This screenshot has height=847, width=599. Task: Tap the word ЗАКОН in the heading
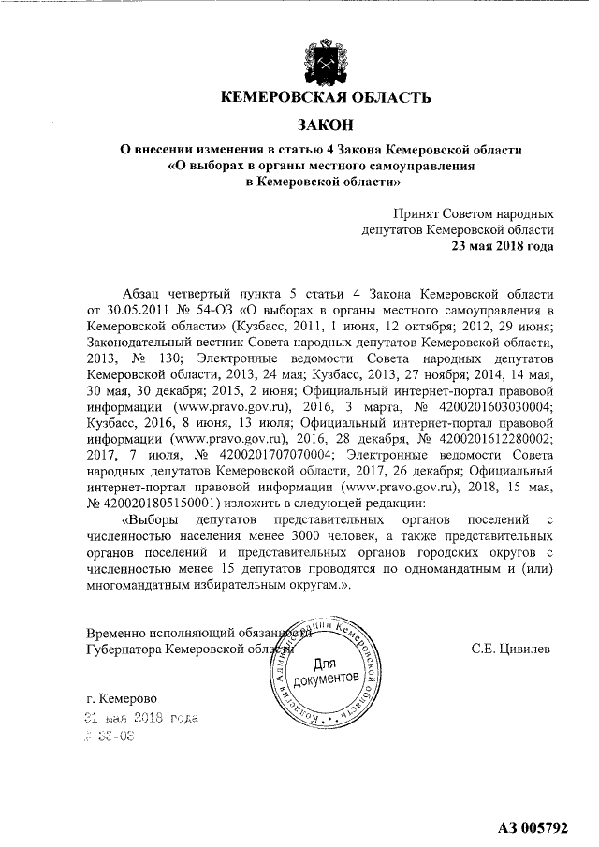[x=326, y=124]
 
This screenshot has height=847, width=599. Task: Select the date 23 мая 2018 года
[x=503, y=245]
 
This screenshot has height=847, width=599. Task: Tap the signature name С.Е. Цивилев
[x=511, y=648]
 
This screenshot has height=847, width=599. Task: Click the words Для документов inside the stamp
[x=326, y=668]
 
